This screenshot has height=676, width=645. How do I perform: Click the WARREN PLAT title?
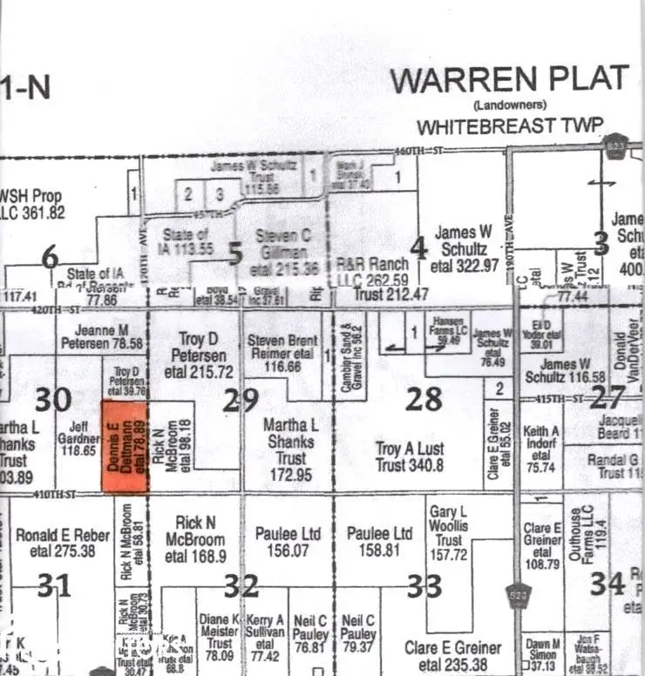point(508,79)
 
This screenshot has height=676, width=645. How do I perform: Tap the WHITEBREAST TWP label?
point(509,126)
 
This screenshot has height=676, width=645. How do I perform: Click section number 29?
point(241,400)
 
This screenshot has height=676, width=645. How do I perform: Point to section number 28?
point(424,399)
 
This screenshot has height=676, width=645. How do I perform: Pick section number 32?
point(241,586)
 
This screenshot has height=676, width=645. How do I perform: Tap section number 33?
point(424,586)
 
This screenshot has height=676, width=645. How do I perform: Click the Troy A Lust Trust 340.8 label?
point(410,457)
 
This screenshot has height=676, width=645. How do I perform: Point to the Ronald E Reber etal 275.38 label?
point(56,543)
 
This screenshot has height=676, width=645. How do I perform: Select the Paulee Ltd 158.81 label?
point(379,541)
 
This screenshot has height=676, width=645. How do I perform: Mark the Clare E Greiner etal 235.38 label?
point(453,656)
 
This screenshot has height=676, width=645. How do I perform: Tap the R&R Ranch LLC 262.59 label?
point(372,272)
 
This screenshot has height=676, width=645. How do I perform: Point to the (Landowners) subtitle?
point(509,105)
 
